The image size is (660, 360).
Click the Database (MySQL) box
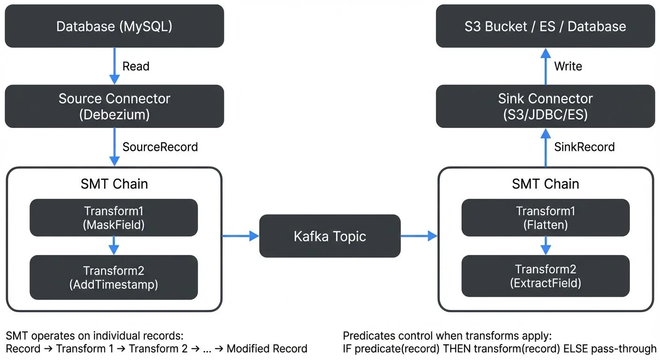click(x=114, y=26)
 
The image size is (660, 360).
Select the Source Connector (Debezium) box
click(x=114, y=106)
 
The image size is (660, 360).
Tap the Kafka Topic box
click(x=330, y=236)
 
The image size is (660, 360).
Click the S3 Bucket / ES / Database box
click(x=545, y=26)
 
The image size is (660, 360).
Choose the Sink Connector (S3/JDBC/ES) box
click(x=545, y=106)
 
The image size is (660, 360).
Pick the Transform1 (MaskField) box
click(x=114, y=217)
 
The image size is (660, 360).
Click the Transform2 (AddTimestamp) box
click(x=114, y=277)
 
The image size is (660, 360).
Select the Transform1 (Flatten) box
click(x=545, y=217)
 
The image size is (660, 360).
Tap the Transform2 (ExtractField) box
click(x=545, y=276)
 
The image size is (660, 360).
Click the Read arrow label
click(x=135, y=66)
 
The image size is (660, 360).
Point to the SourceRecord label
click(x=160, y=147)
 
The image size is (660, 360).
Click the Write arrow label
click(x=568, y=66)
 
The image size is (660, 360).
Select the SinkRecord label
click(x=584, y=147)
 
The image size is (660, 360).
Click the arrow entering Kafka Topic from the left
click(x=240, y=236)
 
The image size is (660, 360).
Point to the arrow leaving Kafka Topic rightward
click(x=419, y=236)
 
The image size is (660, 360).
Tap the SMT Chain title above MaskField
click(x=114, y=184)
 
